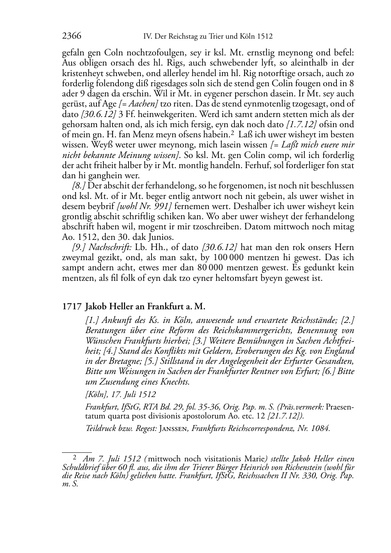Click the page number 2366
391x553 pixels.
coord(72,37)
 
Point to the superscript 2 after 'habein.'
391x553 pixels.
coord(232,133)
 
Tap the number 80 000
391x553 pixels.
coord(213,268)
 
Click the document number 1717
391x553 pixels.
coord(71,307)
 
